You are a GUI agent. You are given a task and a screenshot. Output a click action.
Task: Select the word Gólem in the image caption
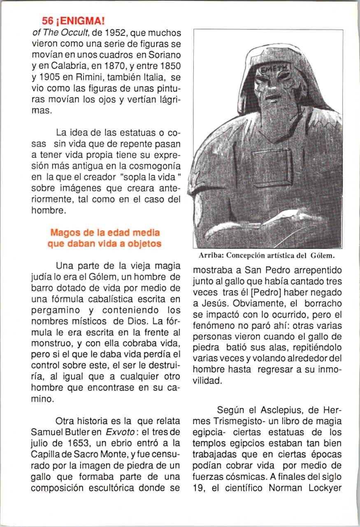pyautogui.click(x=323, y=254)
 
